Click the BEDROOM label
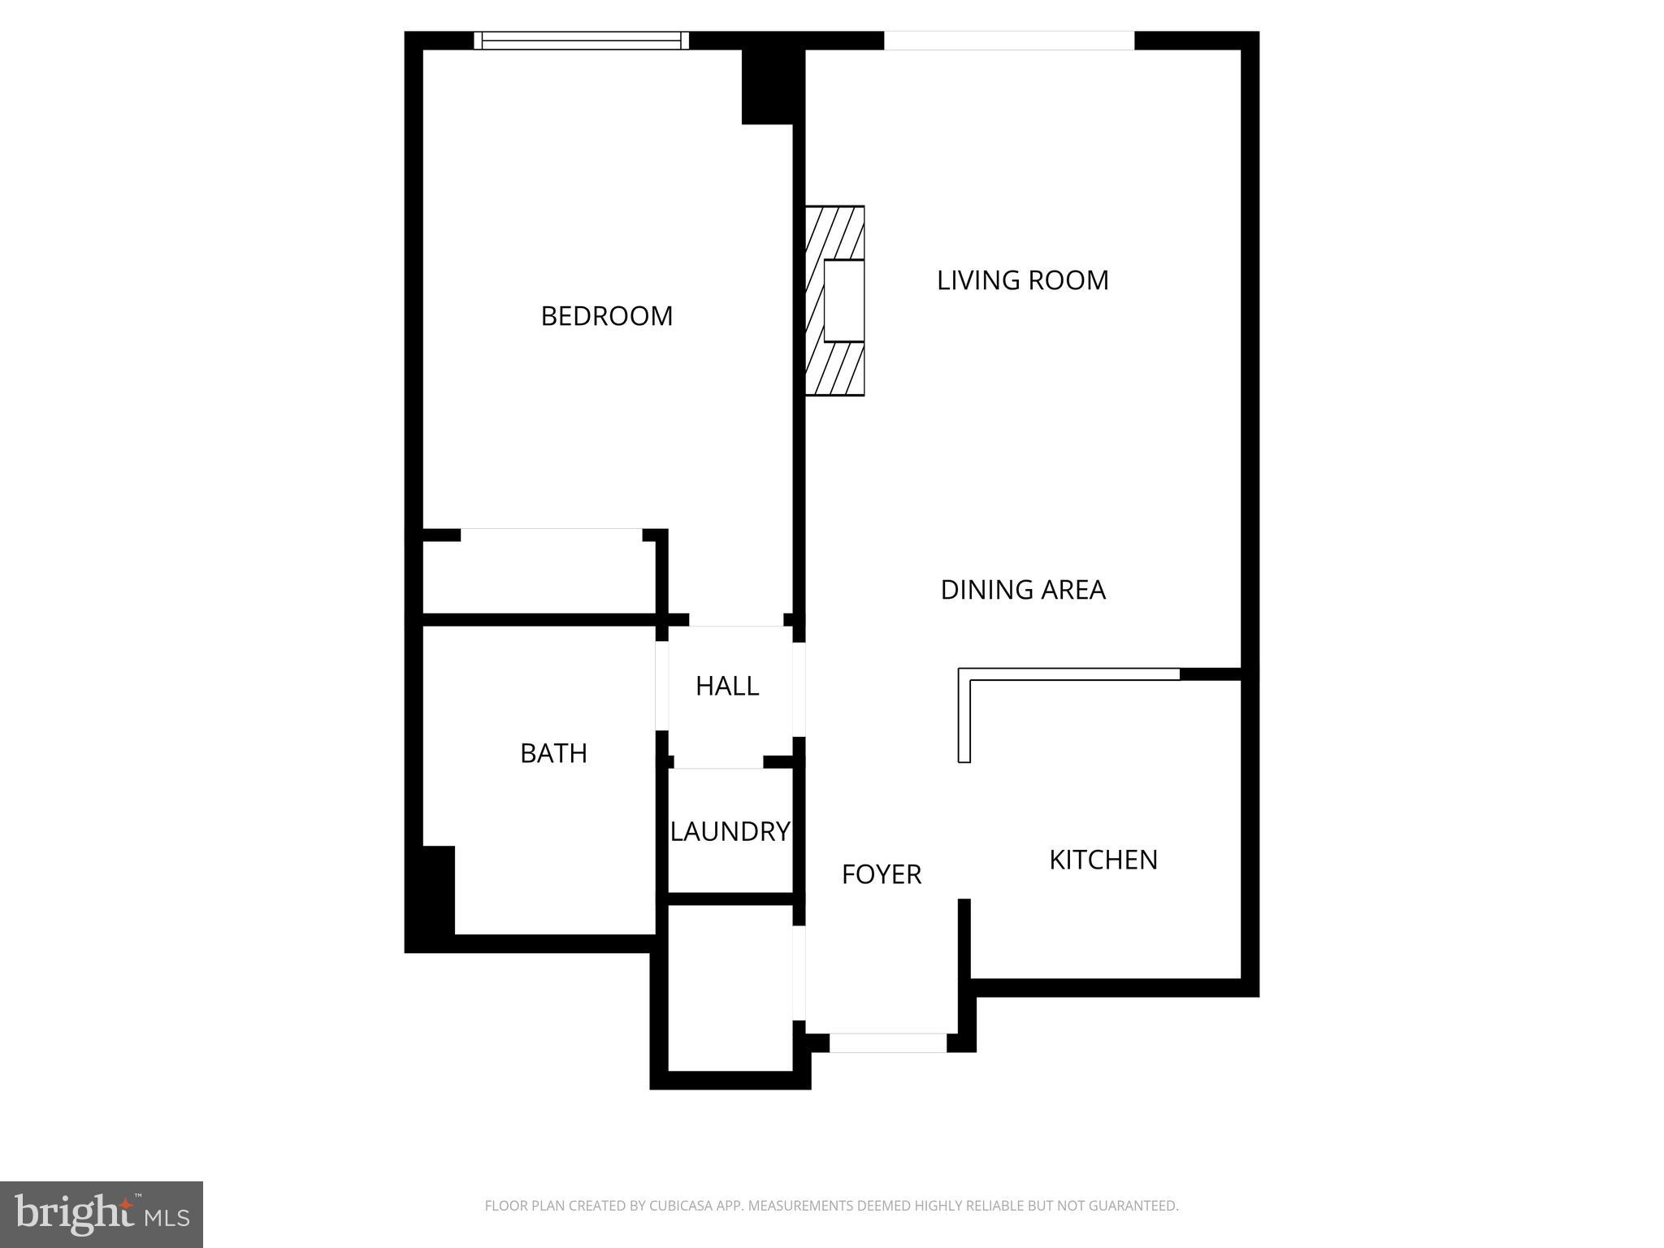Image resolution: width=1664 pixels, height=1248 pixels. coord(606,316)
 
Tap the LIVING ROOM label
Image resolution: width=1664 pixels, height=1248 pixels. coord(1022,280)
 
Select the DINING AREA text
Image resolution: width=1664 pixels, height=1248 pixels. coord(1022,590)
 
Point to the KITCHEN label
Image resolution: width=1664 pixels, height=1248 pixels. coord(1103,860)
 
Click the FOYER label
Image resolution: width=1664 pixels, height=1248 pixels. coord(881,874)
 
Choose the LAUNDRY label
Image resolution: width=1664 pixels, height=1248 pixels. coord(730,831)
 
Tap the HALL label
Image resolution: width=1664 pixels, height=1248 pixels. coord(726,687)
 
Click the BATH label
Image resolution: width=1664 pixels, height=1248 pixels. coord(553,753)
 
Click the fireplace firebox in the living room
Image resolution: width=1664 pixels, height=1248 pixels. coord(843,301)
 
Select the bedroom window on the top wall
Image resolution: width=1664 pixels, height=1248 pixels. coord(581,41)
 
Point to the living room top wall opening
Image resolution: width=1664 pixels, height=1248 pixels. coord(1008,41)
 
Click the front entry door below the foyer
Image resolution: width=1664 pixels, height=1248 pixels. coord(887,1042)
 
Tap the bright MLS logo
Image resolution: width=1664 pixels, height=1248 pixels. coord(102,1215)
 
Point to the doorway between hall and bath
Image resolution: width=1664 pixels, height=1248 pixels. coord(662,686)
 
